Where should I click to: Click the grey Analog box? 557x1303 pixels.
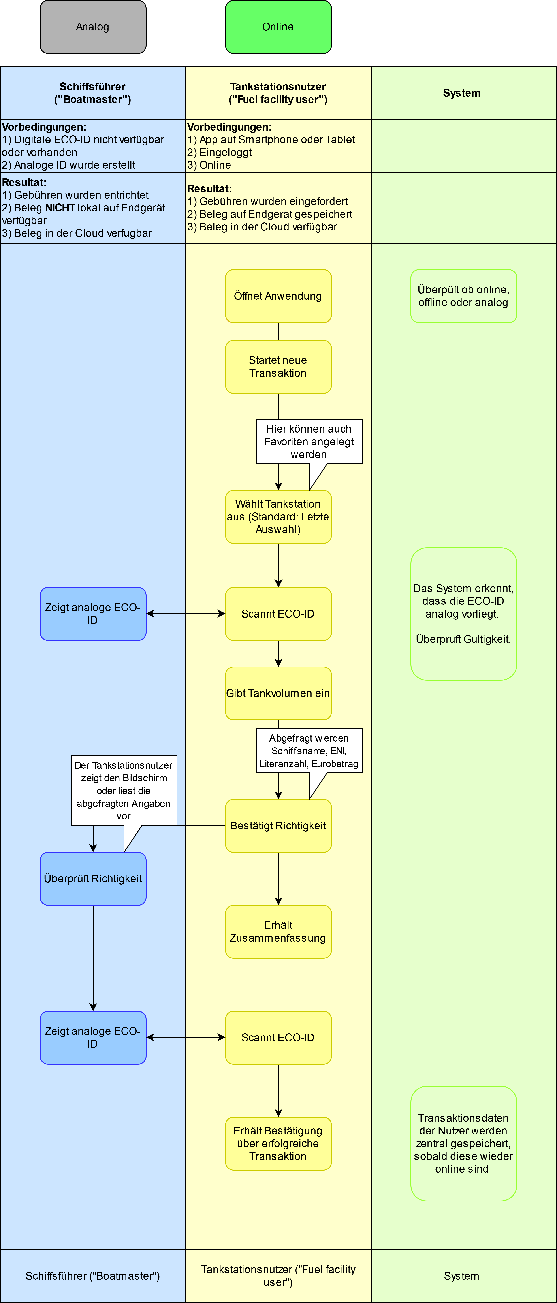[x=93, y=27]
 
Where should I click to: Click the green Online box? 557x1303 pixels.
[x=278, y=27]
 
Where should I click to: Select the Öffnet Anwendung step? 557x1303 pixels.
[x=278, y=296]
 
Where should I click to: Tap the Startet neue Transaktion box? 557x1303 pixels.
[x=278, y=367]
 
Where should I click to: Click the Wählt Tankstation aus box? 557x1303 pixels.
[x=278, y=516]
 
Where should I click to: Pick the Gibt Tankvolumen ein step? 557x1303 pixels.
[x=278, y=693]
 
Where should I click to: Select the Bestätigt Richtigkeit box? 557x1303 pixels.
[x=278, y=825]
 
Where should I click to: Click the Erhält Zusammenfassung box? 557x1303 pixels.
[x=278, y=932]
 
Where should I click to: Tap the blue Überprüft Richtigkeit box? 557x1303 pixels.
[x=93, y=879]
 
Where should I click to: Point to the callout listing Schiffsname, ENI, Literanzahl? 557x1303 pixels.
[x=309, y=751]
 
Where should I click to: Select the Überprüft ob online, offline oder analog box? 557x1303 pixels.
[x=463, y=296]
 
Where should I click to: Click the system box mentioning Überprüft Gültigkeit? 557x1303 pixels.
[x=463, y=614]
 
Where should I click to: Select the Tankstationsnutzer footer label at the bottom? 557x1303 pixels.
[x=278, y=1276]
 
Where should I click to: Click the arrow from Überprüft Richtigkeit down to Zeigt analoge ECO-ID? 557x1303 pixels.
[x=93, y=958]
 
